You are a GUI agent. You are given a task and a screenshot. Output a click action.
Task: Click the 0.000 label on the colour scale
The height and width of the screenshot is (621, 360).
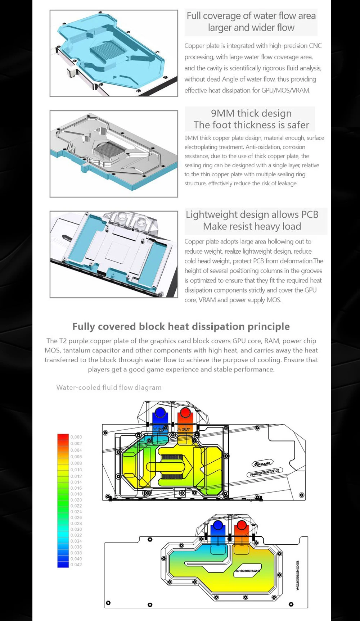76,437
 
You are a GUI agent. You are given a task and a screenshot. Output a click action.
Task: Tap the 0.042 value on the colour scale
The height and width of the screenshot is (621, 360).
76,565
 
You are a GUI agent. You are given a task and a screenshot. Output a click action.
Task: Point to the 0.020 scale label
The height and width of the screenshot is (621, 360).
76,500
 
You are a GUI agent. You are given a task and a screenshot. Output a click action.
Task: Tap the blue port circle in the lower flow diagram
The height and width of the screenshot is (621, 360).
217,526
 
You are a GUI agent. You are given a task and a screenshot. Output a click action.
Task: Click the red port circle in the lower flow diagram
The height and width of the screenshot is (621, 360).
242,526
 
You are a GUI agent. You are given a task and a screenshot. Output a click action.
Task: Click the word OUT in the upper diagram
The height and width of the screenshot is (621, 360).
185,429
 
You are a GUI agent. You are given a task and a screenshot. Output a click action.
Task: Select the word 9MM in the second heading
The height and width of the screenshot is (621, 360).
223,113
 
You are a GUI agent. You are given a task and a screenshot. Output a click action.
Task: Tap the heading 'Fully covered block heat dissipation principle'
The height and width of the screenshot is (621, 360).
181,326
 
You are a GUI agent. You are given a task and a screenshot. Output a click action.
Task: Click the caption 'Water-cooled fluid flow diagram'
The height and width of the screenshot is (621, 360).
109,387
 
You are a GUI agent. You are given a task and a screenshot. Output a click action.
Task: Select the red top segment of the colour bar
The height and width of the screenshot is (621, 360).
63,437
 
